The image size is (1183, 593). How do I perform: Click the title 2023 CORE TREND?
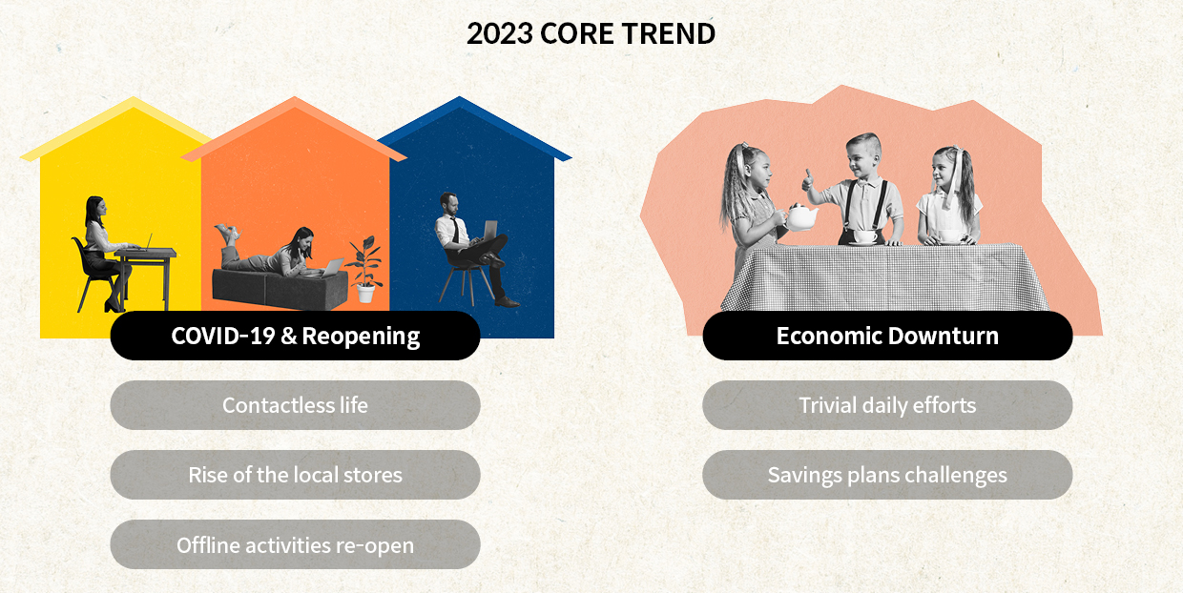coord(591,34)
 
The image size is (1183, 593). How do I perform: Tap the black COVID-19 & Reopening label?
coord(295,336)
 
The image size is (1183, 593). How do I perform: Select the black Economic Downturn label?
coord(887,336)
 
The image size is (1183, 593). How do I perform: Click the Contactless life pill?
coord(295,405)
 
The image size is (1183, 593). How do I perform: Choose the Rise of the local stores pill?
coord(295,475)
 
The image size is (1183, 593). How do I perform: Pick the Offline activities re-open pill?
coord(295,544)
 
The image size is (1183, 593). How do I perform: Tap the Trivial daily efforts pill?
coord(887,405)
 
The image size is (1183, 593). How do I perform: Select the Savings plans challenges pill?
coord(887,475)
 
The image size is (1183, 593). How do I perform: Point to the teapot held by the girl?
coord(800,218)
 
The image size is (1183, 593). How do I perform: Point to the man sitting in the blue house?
coord(467,243)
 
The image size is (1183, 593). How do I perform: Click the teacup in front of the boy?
coord(865,236)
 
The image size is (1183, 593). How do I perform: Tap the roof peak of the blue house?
coord(462,99)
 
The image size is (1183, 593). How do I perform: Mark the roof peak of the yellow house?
coord(135,99)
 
